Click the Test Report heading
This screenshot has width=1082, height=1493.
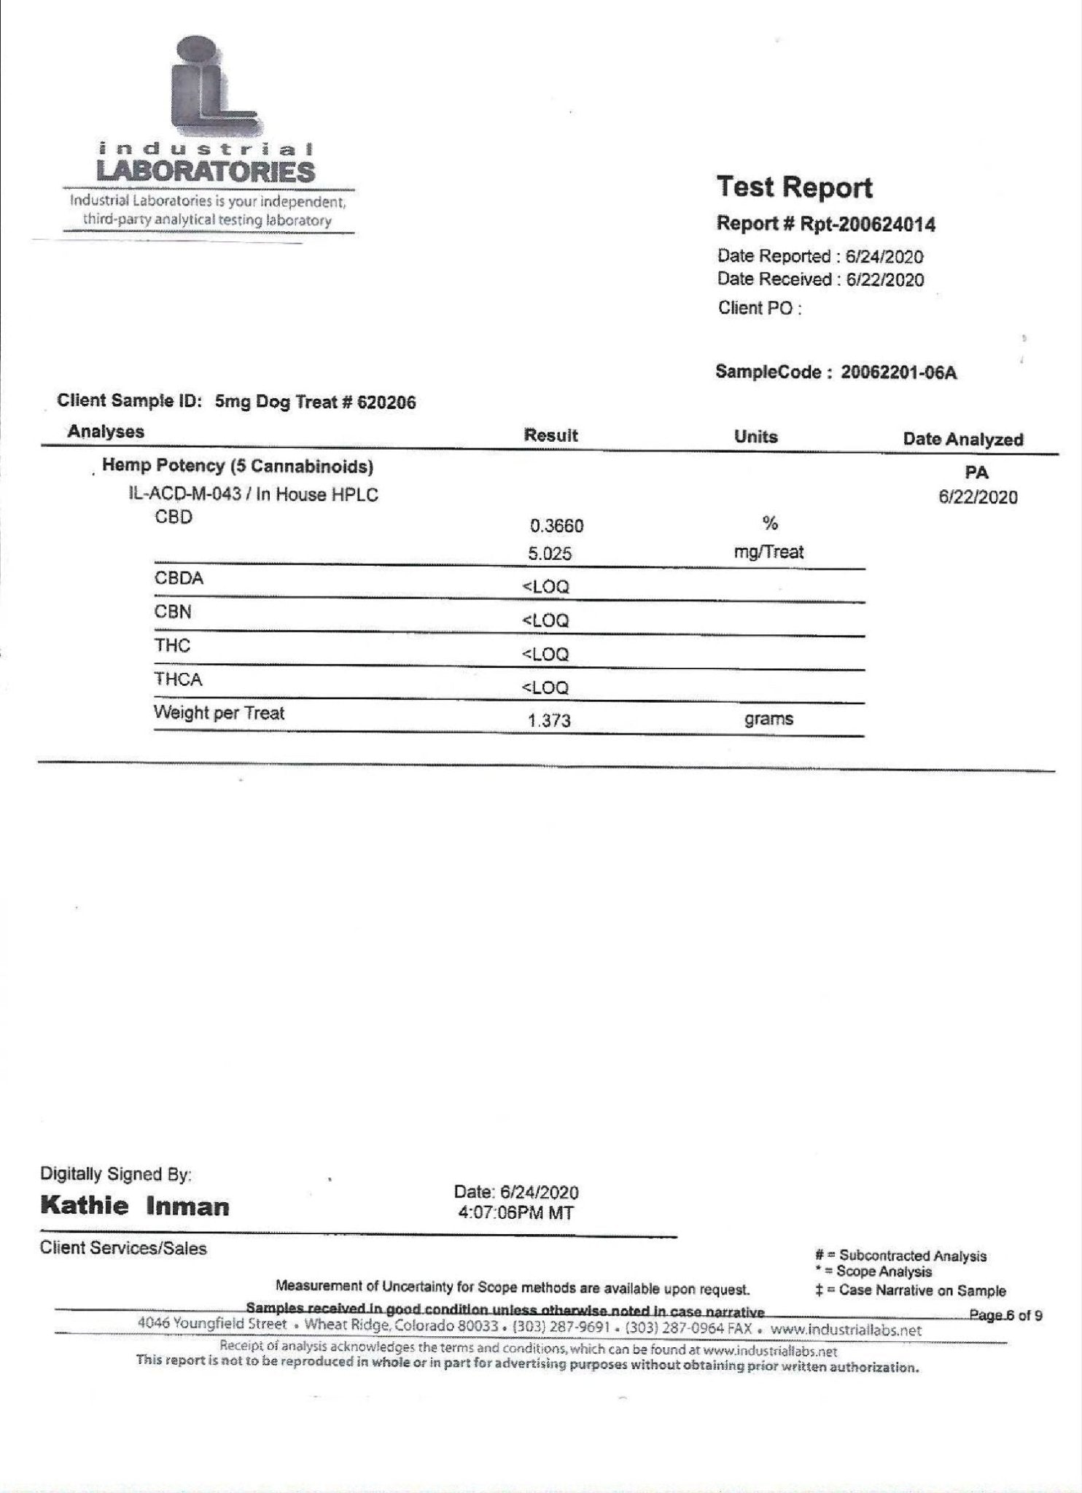(x=794, y=187)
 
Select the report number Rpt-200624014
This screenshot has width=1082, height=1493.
(x=868, y=224)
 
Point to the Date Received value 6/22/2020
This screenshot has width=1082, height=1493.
(x=884, y=280)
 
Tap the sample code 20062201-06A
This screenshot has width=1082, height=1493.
(x=898, y=373)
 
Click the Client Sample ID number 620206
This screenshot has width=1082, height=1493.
(x=386, y=402)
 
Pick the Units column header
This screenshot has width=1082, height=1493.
(x=755, y=437)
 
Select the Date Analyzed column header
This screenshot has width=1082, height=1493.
(x=962, y=440)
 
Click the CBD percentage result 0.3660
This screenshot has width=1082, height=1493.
(x=556, y=526)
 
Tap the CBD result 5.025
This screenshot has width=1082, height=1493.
(x=550, y=553)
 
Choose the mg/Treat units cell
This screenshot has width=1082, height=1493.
(x=768, y=552)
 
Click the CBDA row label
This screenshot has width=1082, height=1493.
(x=179, y=579)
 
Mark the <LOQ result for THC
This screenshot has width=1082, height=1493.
(x=545, y=654)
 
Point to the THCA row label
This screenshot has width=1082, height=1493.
(x=178, y=679)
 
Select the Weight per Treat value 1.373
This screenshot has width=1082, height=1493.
(x=549, y=721)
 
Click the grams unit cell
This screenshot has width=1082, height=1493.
(x=768, y=720)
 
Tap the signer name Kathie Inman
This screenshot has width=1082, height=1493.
(x=135, y=1205)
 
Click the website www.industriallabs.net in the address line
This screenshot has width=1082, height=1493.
(x=846, y=1330)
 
